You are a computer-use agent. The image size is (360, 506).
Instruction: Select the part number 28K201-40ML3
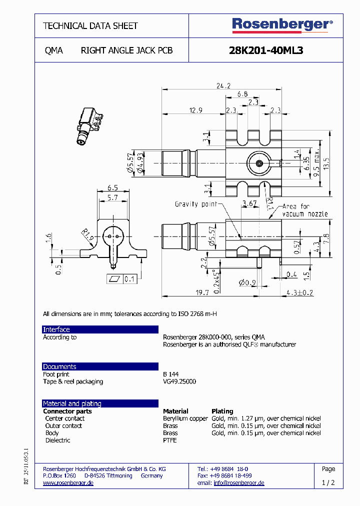[265, 50]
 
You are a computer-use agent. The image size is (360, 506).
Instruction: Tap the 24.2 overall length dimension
[223, 85]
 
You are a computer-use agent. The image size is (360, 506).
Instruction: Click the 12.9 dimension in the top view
[195, 110]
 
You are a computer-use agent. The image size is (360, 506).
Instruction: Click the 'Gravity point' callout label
[195, 204]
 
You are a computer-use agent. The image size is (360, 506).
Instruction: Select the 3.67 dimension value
[249, 202]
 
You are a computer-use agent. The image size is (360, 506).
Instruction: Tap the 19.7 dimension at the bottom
[201, 292]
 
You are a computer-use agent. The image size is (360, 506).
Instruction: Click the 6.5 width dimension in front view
[112, 188]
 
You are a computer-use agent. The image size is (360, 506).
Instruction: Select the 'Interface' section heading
[56, 329]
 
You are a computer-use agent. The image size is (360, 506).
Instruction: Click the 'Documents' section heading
[59, 366]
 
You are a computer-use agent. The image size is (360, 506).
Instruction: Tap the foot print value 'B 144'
[170, 374]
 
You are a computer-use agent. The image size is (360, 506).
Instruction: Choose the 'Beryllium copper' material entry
[185, 418]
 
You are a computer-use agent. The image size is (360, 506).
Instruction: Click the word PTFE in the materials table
[170, 440]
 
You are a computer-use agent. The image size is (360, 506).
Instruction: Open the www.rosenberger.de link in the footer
[68, 483]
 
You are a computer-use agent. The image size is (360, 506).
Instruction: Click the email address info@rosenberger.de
[238, 483]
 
